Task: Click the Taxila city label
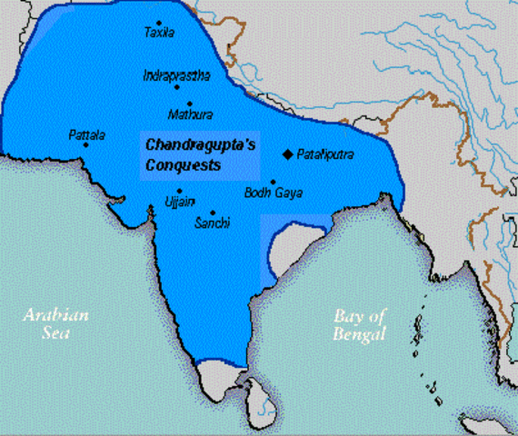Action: coord(158,33)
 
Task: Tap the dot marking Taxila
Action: coord(159,22)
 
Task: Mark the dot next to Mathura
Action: coord(189,104)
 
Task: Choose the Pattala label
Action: coord(86,135)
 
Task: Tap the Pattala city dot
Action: coord(86,145)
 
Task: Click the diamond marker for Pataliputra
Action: coord(287,154)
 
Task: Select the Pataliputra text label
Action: coord(325,155)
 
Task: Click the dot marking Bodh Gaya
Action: coord(273,182)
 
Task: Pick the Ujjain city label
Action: coord(179,201)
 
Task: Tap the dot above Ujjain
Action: coord(179,191)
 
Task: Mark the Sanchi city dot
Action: coord(212,212)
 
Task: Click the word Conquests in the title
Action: coord(183,167)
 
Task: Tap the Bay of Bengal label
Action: coord(360,325)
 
